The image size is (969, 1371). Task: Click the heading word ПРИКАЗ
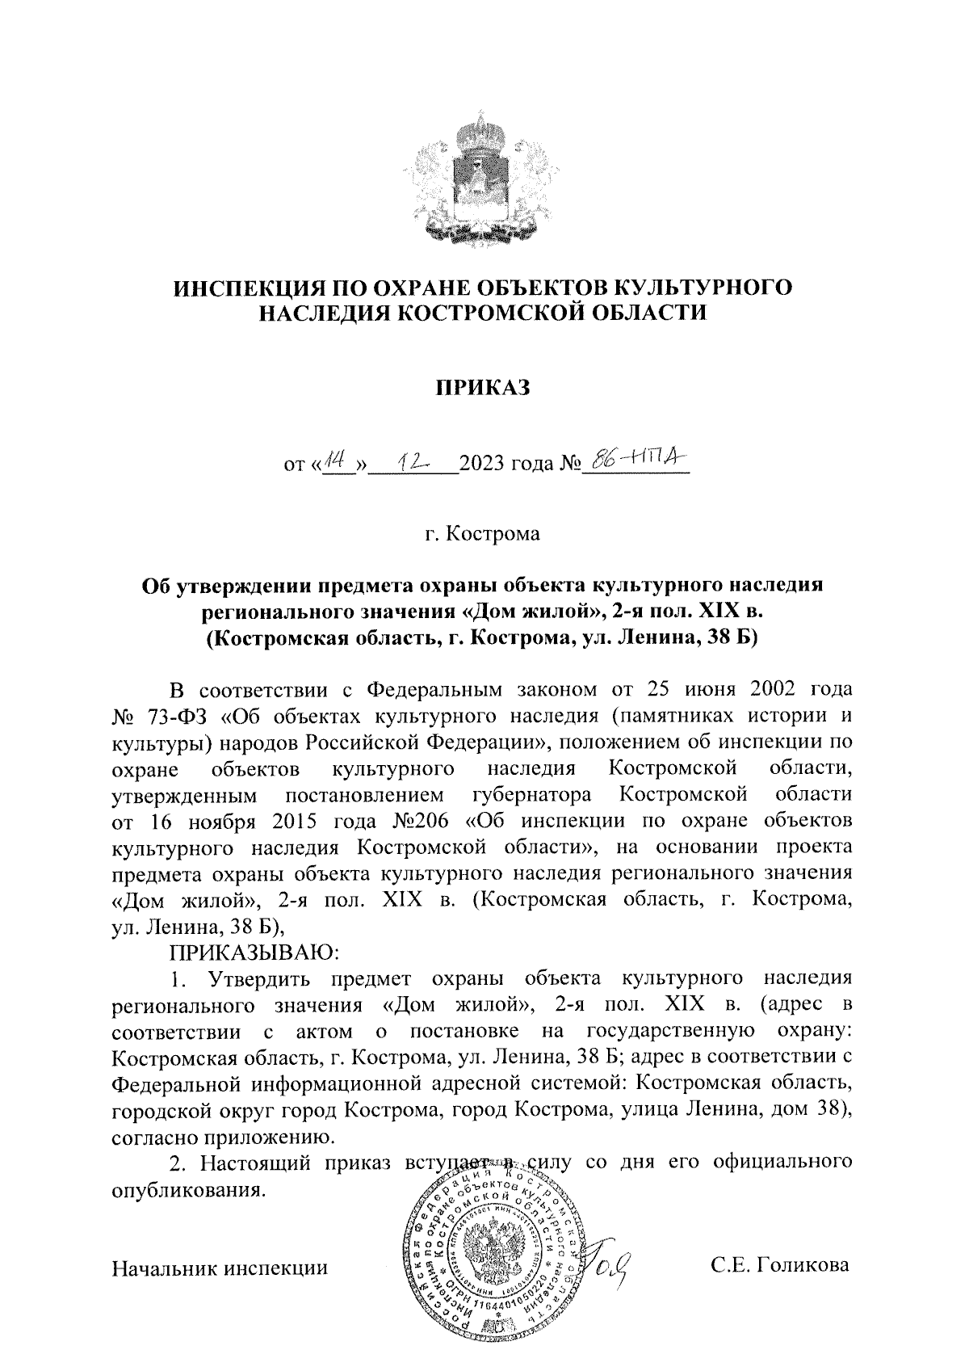click(x=482, y=389)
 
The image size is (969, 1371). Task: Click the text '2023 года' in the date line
click(x=506, y=466)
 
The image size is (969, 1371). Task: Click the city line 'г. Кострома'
click(x=483, y=534)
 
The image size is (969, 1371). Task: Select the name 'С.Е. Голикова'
click(x=780, y=1266)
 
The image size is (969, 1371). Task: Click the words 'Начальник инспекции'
click(x=221, y=1268)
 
